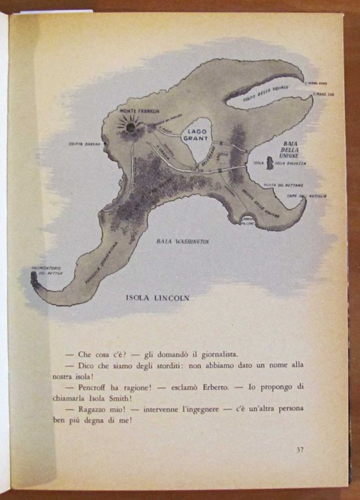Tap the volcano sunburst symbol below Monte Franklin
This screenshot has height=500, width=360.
(130, 127)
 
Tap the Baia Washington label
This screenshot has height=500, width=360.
(183, 242)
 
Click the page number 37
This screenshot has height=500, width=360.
(300, 449)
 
